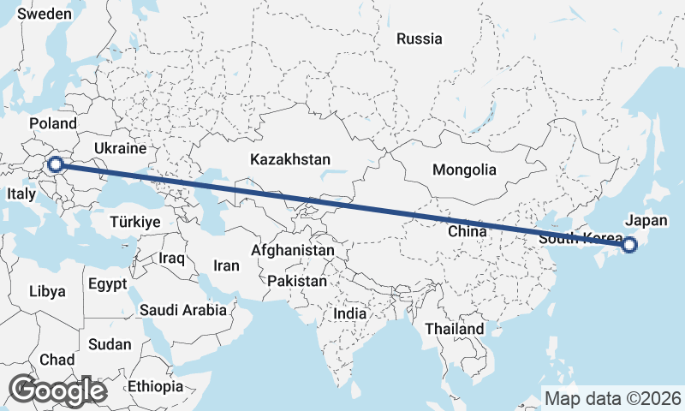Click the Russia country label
(420, 39)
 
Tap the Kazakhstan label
(290, 159)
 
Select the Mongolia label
(464, 170)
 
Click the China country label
(467, 231)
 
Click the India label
(349, 313)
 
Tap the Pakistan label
(297, 281)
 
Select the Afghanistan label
(292, 251)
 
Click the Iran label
(226, 265)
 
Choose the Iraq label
(172, 258)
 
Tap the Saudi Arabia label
(183, 310)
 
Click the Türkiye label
(135, 222)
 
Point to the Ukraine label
(121, 148)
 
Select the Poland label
(53, 124)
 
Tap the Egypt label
(107, 283)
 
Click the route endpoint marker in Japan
(629, 245)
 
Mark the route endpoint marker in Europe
(57, 164)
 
